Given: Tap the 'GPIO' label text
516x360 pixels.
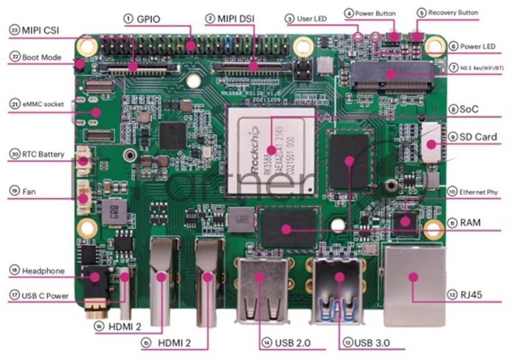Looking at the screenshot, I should tap(149, 19).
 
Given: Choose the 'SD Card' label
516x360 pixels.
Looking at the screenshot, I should tap(482, 137).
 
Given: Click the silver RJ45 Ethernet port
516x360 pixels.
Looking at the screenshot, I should tap(413, 284).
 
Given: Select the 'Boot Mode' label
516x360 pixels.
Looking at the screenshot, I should tap(42, 57).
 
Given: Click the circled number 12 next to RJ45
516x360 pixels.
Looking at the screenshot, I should tap(452, 295).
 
